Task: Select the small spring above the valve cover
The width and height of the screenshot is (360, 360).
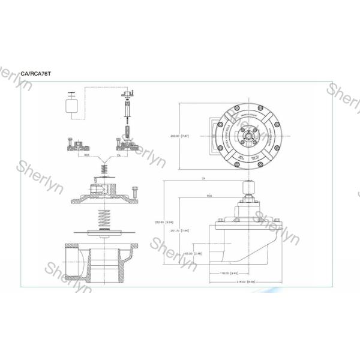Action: pos(104,171)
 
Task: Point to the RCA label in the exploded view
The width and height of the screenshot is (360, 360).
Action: pos(87,154)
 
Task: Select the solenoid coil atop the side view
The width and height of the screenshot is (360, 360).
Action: pos(246,193)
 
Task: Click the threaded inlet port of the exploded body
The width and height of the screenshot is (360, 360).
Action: pos(71,259)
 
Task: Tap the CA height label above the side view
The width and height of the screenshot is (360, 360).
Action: pos(204,179)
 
